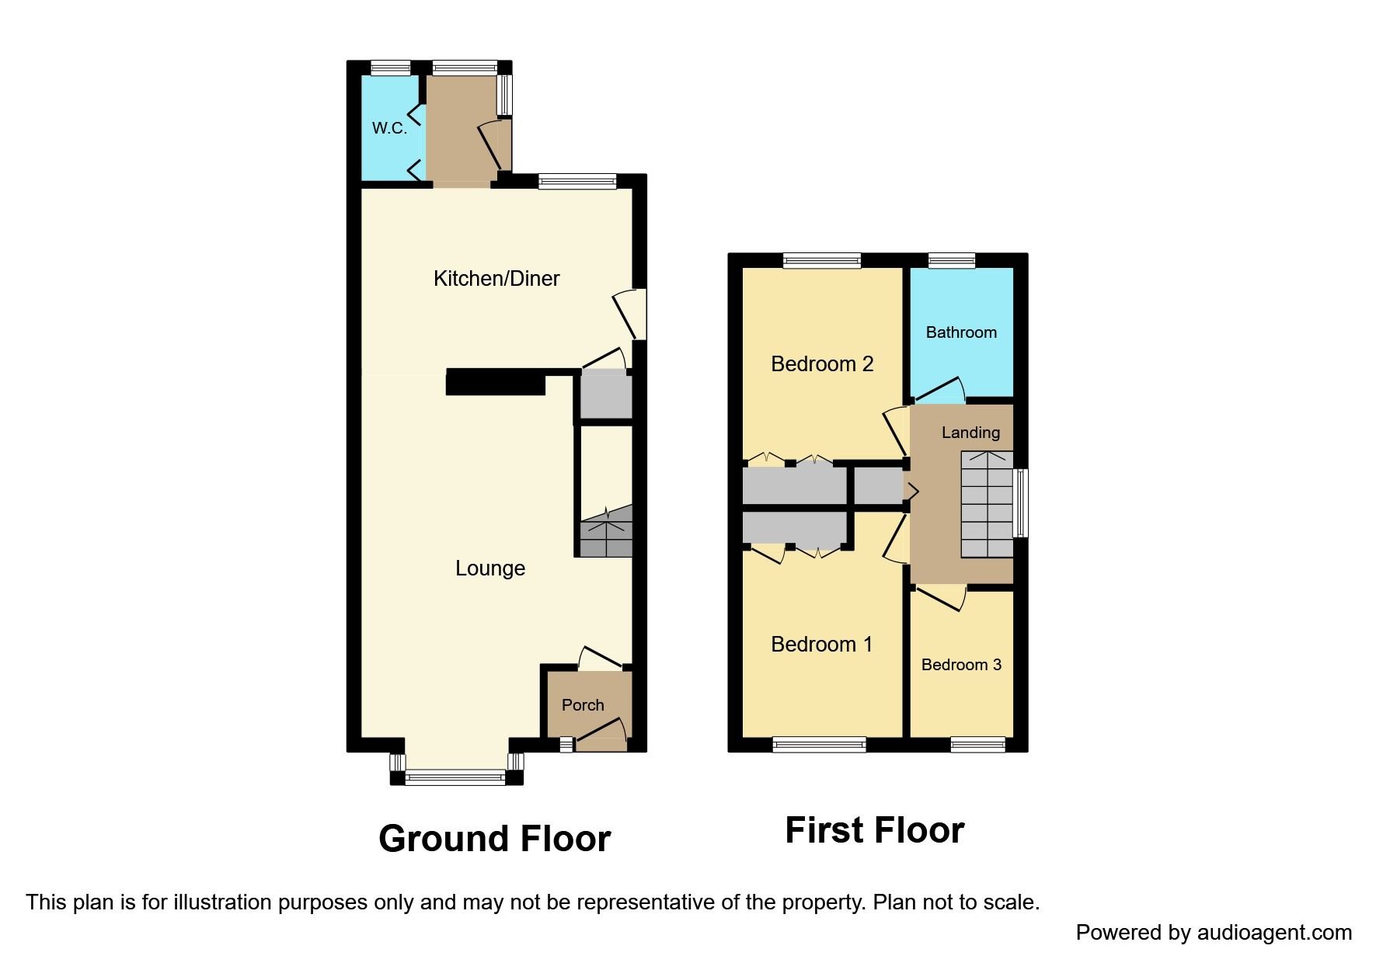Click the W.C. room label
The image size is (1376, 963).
click(389, 128)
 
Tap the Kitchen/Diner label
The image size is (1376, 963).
click(496, 279)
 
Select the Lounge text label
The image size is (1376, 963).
click(489, 568)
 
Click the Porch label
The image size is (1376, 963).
click(583, 705)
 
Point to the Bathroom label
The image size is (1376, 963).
click(961, 332)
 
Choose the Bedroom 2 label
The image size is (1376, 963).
click(822, 364)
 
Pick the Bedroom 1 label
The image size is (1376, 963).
click(821, 645)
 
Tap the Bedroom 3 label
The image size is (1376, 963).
click(961, 665)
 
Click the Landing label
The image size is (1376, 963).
click(970, 433)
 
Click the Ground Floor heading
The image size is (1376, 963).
click(494, 839)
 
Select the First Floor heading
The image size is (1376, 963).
click(874, 830)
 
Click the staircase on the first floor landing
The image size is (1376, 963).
click(987, 505)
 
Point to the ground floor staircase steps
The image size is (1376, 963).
click(606, 533)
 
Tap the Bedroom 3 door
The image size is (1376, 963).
click(940, 598)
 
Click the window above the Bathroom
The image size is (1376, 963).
click(952, 261)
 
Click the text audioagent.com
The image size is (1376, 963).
click(1274, 932)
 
